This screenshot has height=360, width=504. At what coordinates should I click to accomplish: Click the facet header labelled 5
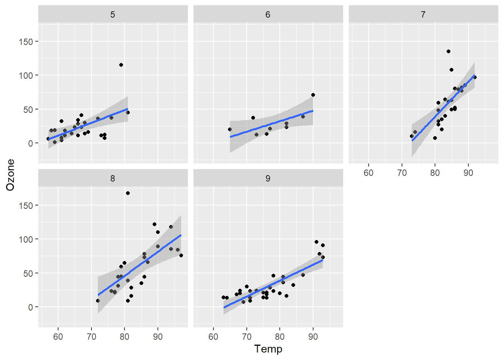(112, 15)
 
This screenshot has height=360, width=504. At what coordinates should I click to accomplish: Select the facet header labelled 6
(268, 15)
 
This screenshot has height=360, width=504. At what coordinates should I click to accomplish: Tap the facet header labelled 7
(423, 15)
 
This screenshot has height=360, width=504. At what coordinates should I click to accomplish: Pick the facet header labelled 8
(112, 178)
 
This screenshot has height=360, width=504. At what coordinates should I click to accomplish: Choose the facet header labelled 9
(268, 178)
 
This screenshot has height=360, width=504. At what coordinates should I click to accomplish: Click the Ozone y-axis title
(10, 175)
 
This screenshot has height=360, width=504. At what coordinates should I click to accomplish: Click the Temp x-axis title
(268, 349)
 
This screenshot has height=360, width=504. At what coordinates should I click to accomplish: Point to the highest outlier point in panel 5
(121, 65)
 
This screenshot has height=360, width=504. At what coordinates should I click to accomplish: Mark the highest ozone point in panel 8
(128, 193)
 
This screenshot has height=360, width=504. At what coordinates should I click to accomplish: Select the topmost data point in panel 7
(448, 51)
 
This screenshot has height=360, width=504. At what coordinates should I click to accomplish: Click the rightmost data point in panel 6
(313, 95)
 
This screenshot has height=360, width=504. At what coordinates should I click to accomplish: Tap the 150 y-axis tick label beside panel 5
(26, 42)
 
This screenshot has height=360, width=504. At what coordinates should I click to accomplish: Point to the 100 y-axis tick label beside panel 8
(26, 239)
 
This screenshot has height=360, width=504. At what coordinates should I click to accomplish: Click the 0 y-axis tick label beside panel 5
(30, 143)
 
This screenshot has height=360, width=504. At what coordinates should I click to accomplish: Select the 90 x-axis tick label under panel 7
(468, 173)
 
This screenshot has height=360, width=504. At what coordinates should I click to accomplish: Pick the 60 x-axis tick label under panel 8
(58, 337)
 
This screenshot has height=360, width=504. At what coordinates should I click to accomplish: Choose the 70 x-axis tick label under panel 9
(246, 337)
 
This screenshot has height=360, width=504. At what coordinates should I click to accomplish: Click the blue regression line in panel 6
(271, 124)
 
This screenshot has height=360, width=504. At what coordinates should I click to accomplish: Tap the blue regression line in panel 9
(274, 283)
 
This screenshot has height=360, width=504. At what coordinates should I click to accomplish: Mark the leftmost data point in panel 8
(98, 301)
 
